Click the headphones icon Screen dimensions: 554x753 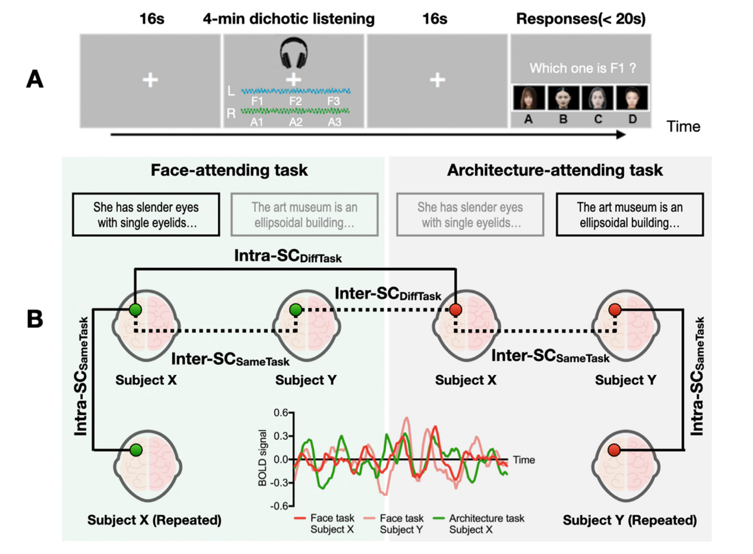(x=293, y=55)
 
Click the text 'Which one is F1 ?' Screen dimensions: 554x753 (x=580, y=69)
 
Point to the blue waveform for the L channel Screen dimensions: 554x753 (x=296, y=92)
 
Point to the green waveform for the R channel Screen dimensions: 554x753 (x=296, y=111)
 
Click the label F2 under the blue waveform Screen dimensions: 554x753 (x=295, y=101)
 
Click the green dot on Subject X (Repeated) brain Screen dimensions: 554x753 (x=137, y=450)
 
